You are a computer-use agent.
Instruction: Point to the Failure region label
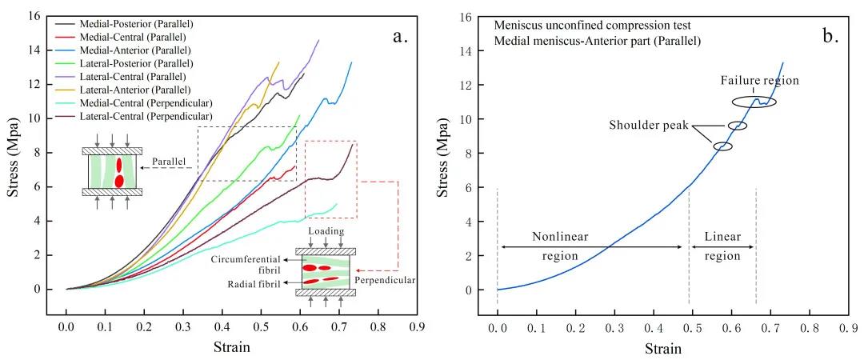759,81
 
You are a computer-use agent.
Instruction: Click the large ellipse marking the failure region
754,102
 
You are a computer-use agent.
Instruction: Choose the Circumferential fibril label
251,265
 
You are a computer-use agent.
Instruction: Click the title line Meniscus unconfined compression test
573,25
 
